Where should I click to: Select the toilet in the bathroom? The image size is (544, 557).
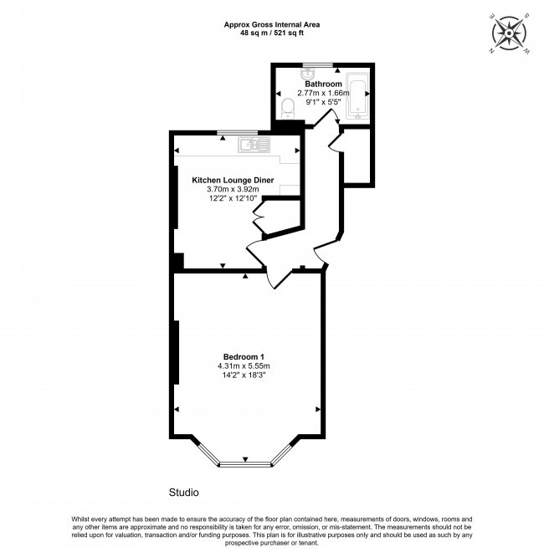(x=287, y=106)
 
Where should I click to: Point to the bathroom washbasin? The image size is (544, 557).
(x=307, y=73)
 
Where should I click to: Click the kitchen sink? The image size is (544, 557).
(x=252, y=145)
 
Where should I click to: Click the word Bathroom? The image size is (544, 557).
(x=323, y=84)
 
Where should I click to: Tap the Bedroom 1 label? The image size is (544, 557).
(x=246, y=357)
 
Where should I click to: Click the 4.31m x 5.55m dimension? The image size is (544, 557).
(x=246, y=366)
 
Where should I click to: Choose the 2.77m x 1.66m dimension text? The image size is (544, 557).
(x=323, y=94)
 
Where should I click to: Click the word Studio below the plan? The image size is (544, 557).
(x=183, y=492)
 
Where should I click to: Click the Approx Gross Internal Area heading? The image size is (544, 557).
(x=271, y=23)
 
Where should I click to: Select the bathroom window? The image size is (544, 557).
(x=318, y=64)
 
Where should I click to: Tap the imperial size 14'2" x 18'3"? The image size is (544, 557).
(x=246, y=376)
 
